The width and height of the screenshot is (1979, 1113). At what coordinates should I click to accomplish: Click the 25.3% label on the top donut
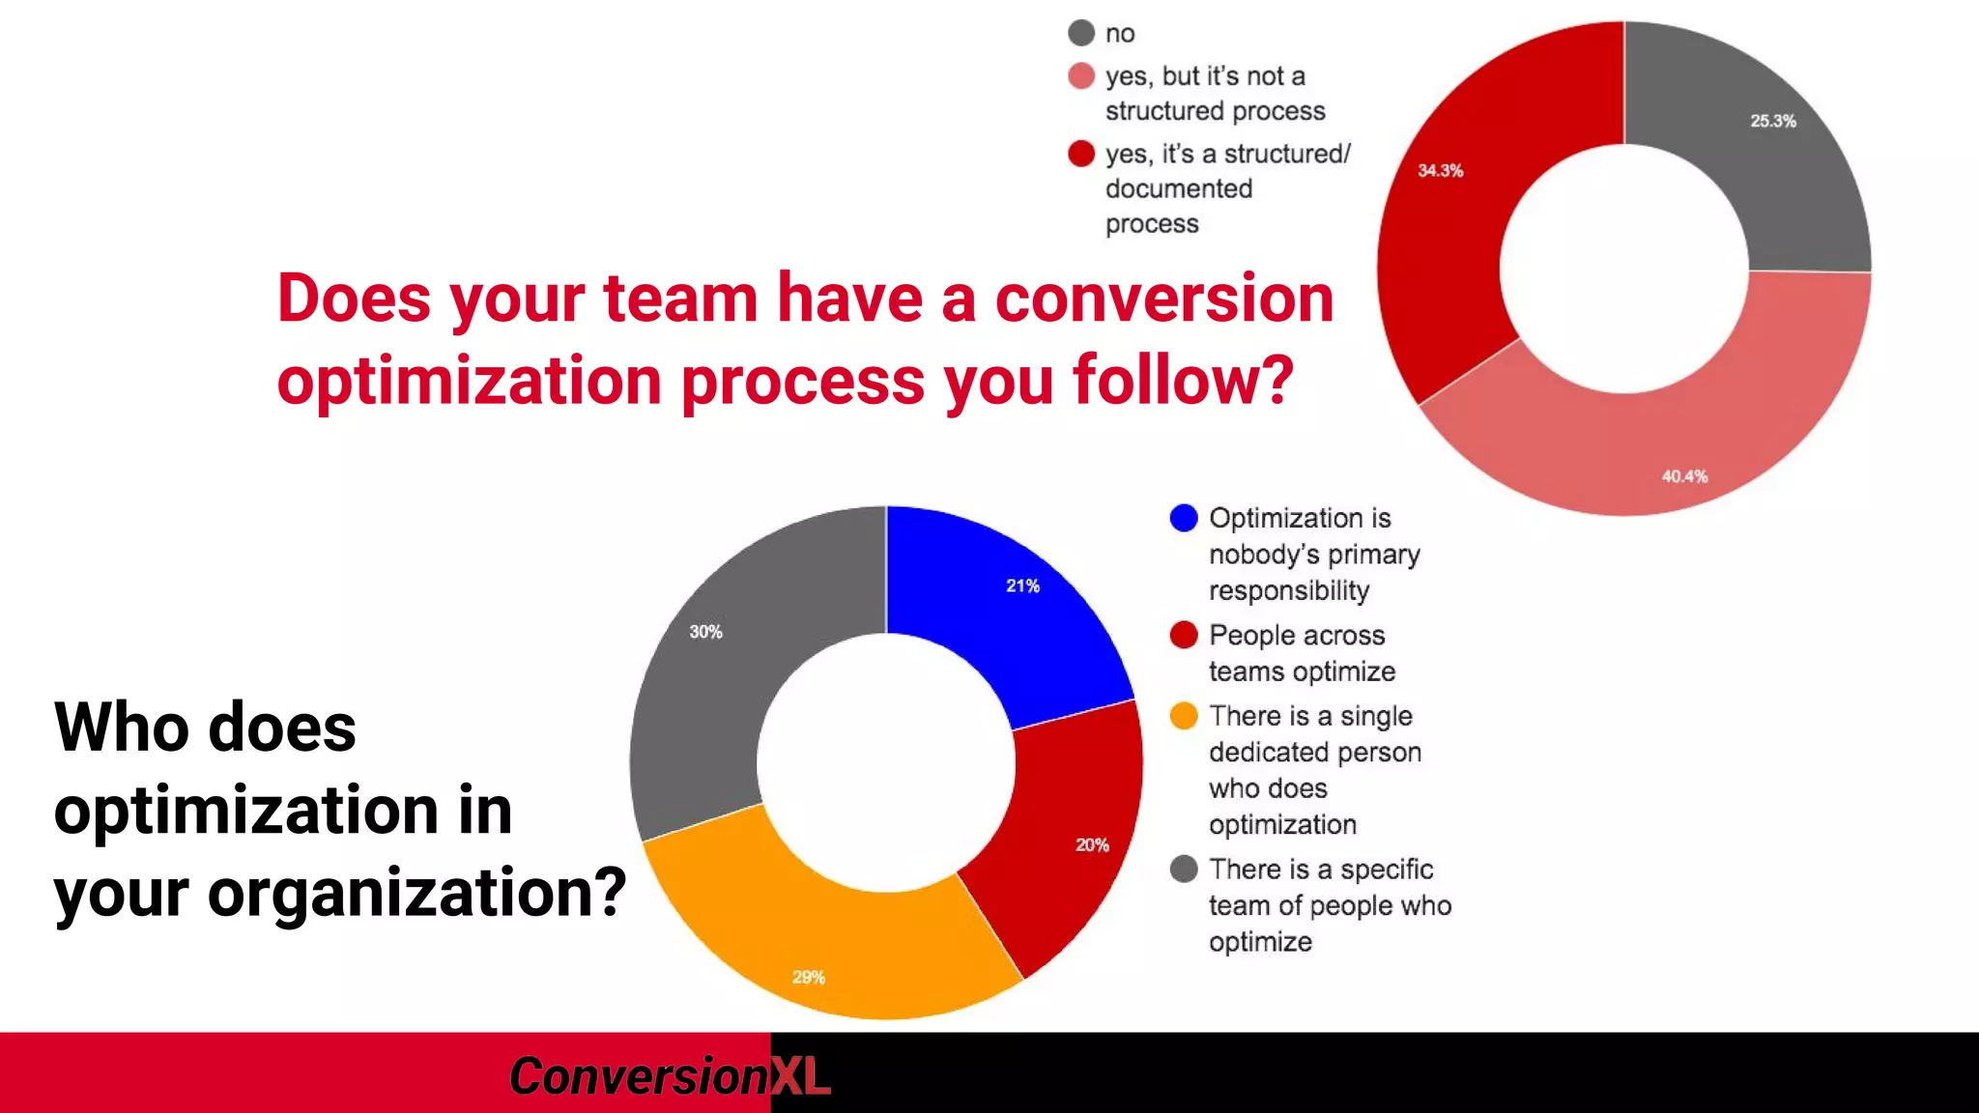pos(1772,121)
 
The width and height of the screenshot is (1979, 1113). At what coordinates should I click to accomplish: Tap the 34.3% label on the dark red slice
pos(1440,171)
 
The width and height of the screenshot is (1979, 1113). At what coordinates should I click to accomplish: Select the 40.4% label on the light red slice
pos(1684,476)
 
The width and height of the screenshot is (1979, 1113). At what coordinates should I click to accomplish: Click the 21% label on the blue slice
pos(1022,585)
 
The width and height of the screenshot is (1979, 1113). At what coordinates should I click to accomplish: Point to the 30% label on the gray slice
pos(705,632)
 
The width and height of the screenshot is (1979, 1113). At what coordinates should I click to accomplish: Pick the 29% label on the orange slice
pos(809,978)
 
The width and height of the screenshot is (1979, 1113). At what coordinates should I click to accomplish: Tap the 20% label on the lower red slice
pos(1092,845)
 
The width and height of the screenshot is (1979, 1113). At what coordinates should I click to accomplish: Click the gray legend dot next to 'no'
pos(1081,34)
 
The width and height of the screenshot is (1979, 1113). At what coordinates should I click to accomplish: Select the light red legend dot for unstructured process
pos(1081,76)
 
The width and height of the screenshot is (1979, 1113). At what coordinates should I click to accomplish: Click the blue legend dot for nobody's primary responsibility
pos(1184,519)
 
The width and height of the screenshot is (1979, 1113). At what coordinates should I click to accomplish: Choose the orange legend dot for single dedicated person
pos(1184,717)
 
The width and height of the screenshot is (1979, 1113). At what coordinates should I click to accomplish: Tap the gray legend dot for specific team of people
pos(1184,870)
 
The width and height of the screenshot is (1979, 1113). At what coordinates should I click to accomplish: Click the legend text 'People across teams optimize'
pos(1301,653)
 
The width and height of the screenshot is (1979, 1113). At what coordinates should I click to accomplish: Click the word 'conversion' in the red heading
pos(1163,299)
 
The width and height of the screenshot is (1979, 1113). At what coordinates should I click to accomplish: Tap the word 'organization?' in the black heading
pos(416,893)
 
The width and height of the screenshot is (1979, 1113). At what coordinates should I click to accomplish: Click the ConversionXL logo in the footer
pos(669,1075)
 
